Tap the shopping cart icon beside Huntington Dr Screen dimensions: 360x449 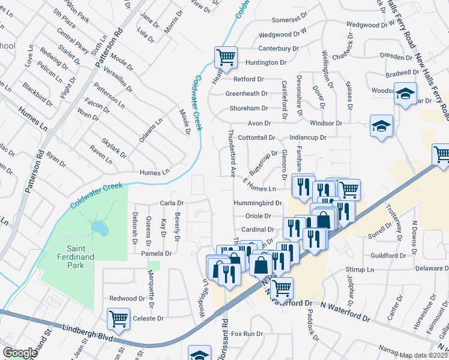click(x=226, y=58)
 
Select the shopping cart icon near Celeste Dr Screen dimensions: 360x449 click(x=118, y=319)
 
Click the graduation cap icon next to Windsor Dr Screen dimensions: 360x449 click(x=381, y=126)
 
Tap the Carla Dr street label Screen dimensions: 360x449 click(x=172, y=203)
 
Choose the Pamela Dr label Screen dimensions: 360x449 click(x=156, y=254)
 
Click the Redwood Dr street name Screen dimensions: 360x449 click(x=127, y=298)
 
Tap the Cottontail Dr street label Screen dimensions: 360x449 click(x=256, y=137)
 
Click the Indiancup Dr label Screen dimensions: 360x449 click(x=307, y=137)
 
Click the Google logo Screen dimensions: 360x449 click(x=20, y=353)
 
